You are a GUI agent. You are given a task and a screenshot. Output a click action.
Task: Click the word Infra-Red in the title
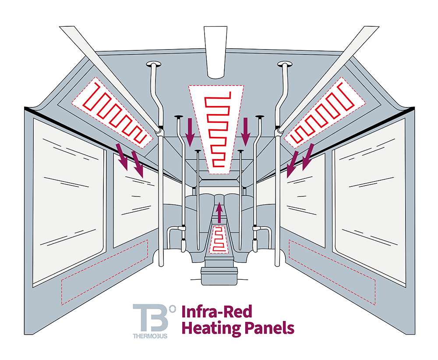click(216, 313)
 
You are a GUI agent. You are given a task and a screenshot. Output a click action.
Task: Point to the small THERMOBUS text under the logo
click(150, 337)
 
